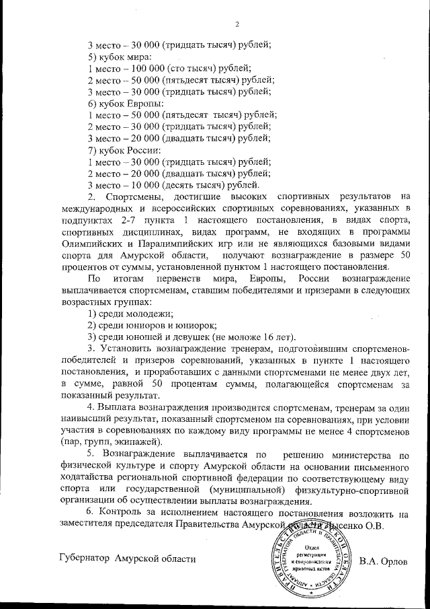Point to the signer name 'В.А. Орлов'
coord(384,560)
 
